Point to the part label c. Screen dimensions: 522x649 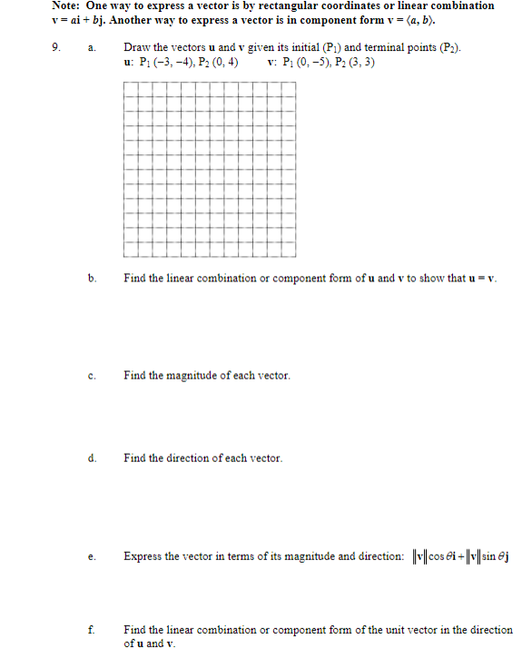tap(91, 375)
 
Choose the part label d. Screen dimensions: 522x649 tap(91, 457)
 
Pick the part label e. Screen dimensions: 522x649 tap(91, 556)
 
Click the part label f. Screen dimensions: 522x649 tap(91, 629)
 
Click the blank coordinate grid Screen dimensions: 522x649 tap(210, 169)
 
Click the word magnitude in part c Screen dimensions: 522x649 tap(207, 375)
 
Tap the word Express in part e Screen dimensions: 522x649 tap(143, 556)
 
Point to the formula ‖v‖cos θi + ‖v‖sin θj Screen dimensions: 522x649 tap(458, 556)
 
